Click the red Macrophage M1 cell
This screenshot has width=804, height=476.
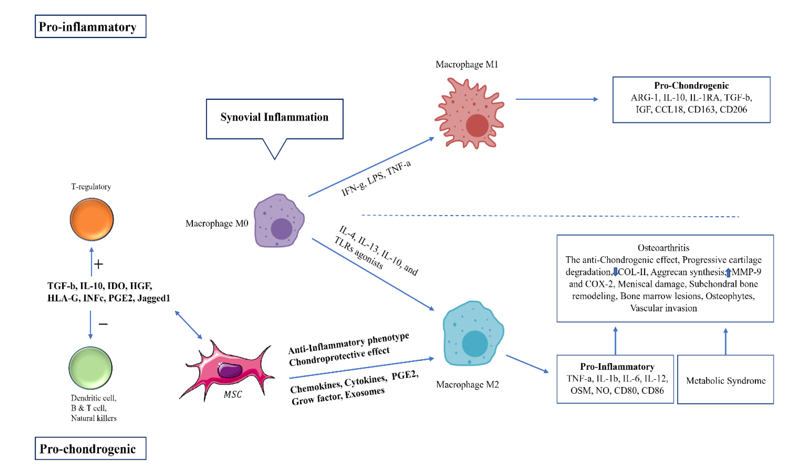pos(469,114)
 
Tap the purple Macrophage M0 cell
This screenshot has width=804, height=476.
pos(279,221)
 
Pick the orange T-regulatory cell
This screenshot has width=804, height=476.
pos(92,219)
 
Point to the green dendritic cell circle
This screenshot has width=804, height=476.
pos(90,368)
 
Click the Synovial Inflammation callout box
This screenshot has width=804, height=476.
pos(274,119)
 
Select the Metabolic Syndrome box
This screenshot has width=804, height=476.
pos(725,380)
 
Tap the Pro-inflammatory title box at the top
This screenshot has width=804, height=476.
pos(90,26)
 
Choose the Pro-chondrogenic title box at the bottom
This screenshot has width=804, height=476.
pos(90,448)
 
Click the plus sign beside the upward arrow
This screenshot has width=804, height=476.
pos(98,264)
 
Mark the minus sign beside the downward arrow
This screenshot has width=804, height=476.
pos(103,324)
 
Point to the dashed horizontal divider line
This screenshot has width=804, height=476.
pos(550,216)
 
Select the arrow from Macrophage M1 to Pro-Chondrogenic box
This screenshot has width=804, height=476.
pos(557,99)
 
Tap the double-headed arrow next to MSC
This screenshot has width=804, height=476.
pos(189,325)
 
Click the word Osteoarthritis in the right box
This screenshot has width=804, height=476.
pos(663,248)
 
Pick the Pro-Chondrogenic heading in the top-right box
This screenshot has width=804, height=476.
pos(691,85)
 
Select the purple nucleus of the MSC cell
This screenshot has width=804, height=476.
pos(230,370)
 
